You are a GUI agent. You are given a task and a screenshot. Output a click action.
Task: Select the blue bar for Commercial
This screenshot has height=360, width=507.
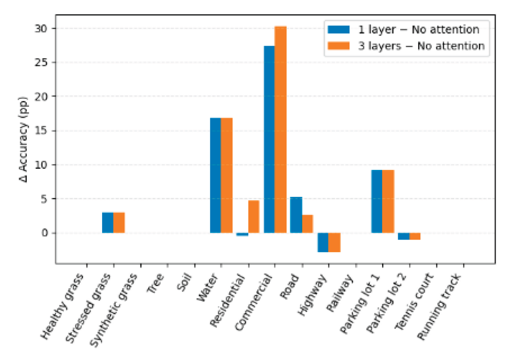point(269,139)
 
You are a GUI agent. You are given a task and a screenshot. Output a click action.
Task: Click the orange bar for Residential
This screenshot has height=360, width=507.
point(254,216)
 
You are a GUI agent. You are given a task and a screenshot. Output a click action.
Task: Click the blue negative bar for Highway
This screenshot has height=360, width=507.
point(323,242)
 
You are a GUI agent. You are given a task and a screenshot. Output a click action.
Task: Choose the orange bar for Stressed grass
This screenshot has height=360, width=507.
point(119,222)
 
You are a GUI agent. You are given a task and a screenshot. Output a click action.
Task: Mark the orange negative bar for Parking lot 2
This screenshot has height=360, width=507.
point(415,236)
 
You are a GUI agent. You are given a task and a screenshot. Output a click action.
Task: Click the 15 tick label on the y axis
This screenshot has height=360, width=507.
point(45,131)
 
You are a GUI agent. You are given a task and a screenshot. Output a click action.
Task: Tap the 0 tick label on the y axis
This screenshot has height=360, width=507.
point(48,233)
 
